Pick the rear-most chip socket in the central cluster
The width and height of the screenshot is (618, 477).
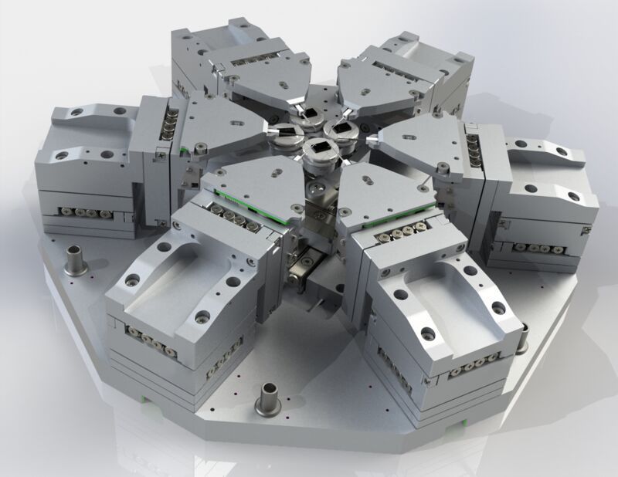(x=311, y=117)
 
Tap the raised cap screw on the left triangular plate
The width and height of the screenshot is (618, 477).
(x=200, y=146)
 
